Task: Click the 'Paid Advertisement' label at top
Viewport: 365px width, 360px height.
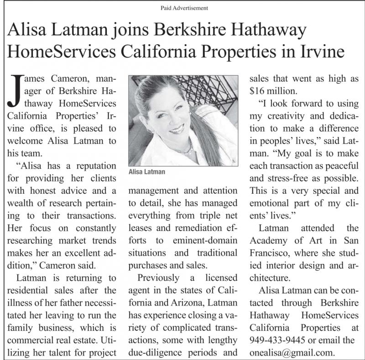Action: click(184, 8)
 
